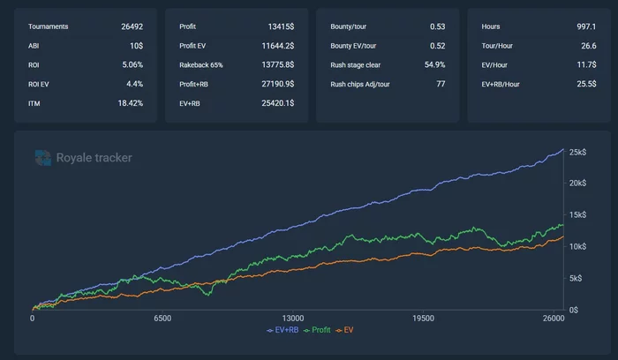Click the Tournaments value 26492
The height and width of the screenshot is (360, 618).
pyautogui.click(x=132, y=26)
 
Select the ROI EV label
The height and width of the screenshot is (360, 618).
pyautogui.click(x=41, y=83)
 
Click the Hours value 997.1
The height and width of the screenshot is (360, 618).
pyautogui.click(x=586, y=26)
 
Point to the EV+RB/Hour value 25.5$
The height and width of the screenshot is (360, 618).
pyautogui.click(x=587, y=84)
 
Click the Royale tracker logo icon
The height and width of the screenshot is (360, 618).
pyautogui.click(x=43, y=157)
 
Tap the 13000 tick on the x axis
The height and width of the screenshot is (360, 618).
pyautogui.click(x=293, y=319)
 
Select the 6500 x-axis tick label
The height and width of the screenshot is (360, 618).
pyautogui.click(x=162, y=319)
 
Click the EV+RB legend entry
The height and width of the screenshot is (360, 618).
pyautogui.click(x=282, y=330)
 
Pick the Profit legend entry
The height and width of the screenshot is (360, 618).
pyautogui.click(x=320, y=330)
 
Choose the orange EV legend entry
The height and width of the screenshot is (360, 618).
pyautogui.click(x=345, y=330)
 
